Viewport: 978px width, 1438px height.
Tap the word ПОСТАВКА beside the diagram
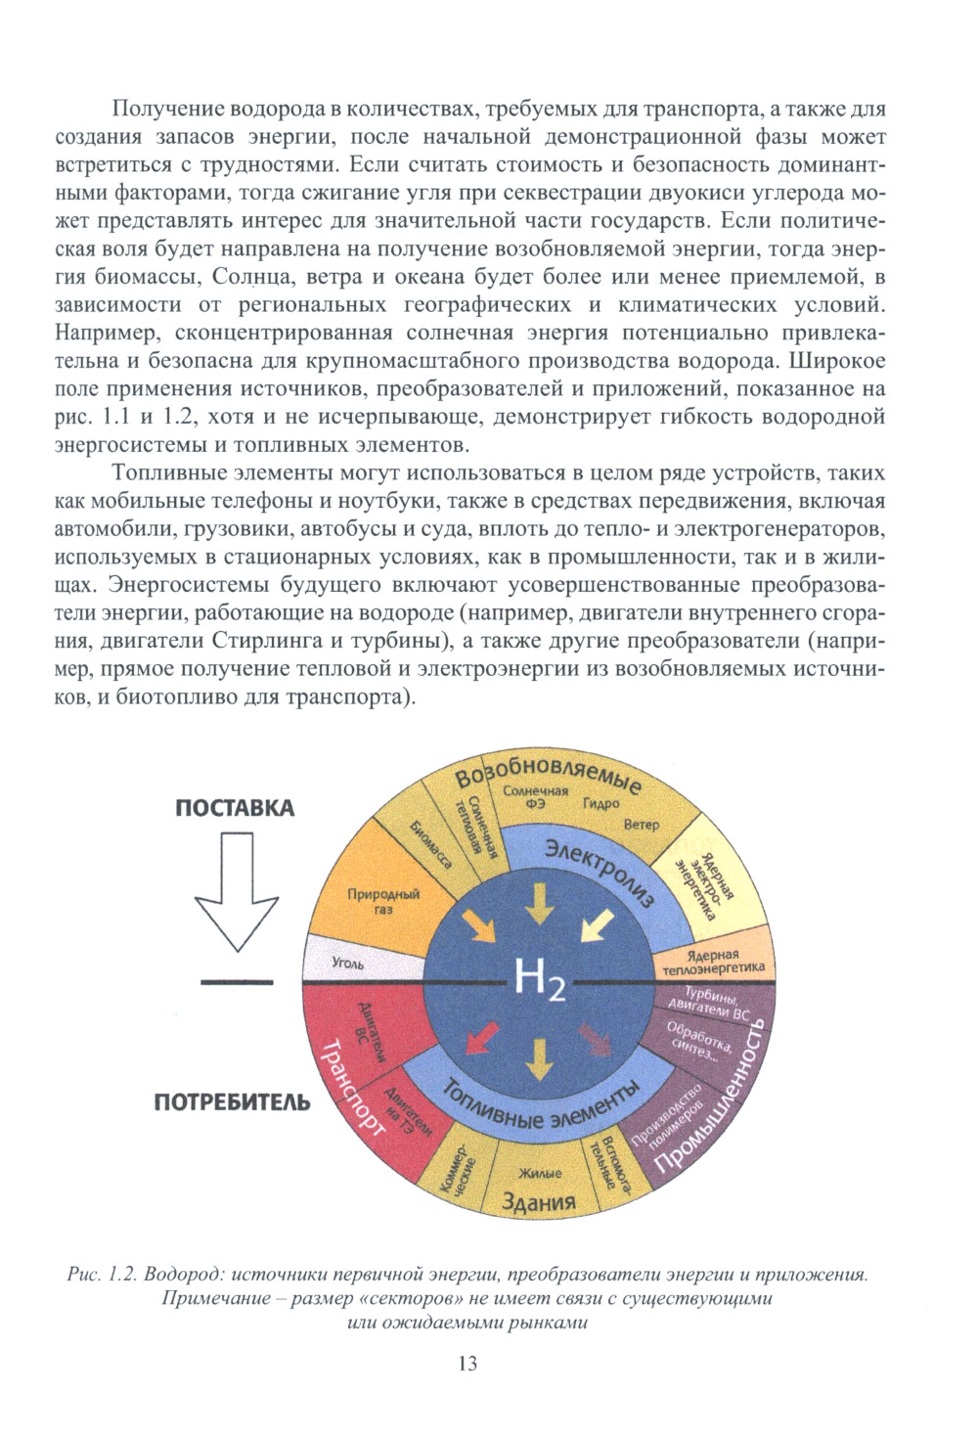click(x=235, y=808)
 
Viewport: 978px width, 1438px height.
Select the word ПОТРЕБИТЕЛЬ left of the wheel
click(x=233, y=1102)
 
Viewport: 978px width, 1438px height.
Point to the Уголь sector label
click(x=347, y=963)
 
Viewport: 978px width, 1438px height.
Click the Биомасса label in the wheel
click(x=430, y=842)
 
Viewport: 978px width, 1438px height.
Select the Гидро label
click(x=600, y=803)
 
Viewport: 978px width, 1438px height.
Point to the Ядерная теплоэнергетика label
click(x=713, y=962)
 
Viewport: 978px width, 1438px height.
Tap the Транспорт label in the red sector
click(x=352, y=1086)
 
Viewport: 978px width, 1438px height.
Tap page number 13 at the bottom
click(x=467, y=1363)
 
